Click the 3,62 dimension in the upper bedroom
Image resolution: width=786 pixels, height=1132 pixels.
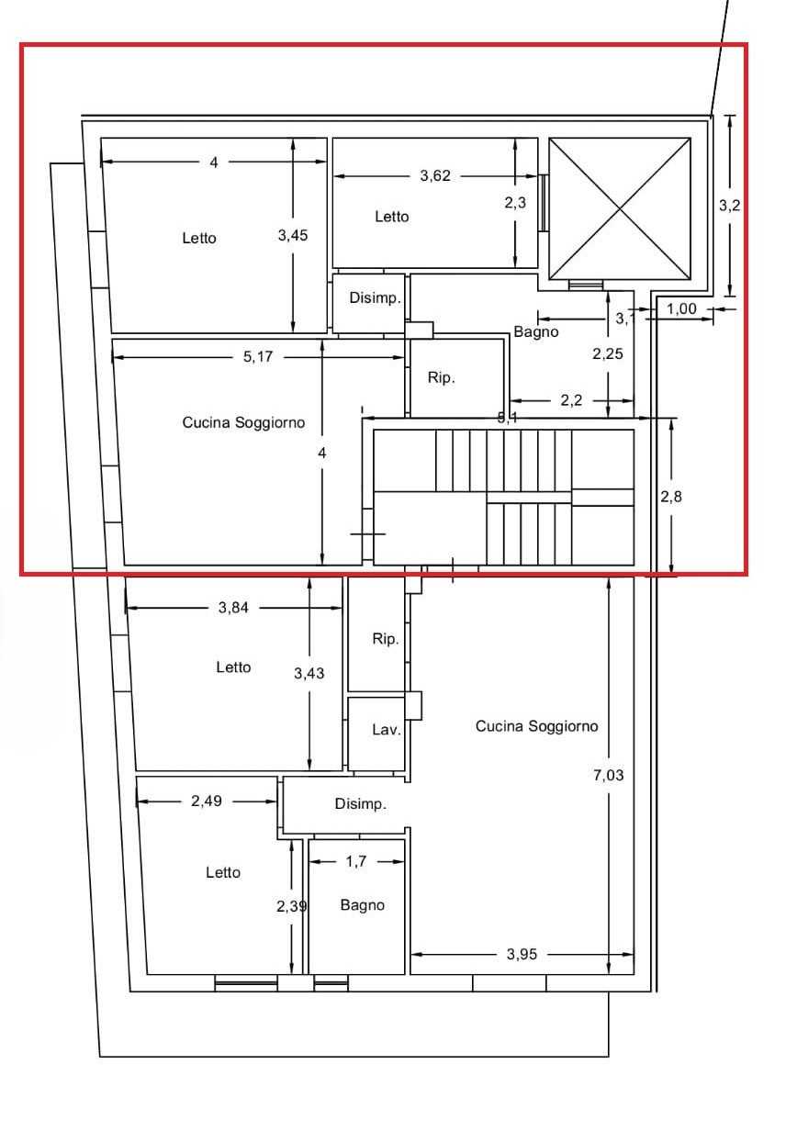point(434,176)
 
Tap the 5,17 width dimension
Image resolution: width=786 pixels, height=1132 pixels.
point(258,357)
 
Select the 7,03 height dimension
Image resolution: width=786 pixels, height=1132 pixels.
point(608,775)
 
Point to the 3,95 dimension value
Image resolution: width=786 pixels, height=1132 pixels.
point(522,954)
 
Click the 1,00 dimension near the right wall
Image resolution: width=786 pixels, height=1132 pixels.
point(681,308)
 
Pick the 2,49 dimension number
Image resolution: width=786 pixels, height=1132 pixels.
point(207,801)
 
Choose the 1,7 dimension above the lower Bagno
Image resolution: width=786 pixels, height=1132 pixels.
point(356,861)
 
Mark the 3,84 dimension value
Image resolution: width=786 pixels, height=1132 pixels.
point(233,608)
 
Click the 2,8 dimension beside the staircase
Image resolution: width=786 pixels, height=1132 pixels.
point(670,497)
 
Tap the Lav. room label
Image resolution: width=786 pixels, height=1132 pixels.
point(387,729)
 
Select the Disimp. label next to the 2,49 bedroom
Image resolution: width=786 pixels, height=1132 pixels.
point(360,803)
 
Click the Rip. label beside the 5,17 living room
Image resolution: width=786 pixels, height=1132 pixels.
point(442,377)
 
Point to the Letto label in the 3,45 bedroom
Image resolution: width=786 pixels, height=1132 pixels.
point(199,238)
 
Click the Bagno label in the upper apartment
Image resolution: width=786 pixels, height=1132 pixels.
point(536,332)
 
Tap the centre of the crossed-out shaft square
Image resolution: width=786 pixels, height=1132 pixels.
point(620,208)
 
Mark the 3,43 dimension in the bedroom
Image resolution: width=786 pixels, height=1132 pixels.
point(309,673)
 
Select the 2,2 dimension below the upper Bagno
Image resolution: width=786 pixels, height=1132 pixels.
point(571,400)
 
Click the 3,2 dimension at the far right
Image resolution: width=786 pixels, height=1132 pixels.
point(729,206)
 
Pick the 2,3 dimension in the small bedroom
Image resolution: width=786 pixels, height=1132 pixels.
point(515,203)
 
